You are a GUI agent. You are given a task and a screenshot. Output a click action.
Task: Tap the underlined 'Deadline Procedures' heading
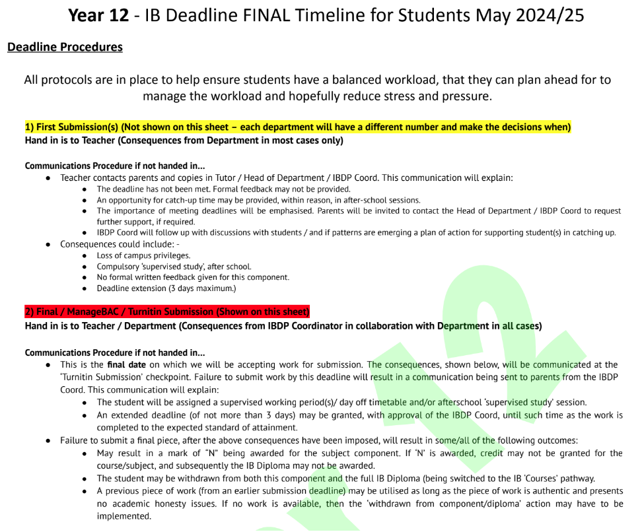(65, 47)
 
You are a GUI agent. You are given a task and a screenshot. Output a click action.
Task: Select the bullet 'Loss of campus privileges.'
(143, 255)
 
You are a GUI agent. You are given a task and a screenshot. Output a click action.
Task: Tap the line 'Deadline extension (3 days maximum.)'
(166, 288)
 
